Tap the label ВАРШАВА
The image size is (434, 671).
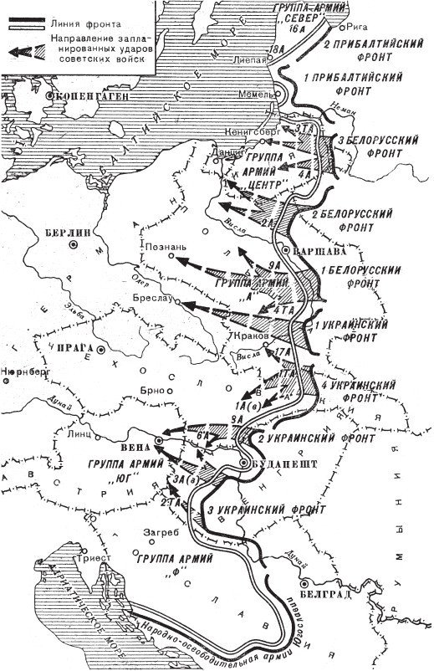314,250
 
